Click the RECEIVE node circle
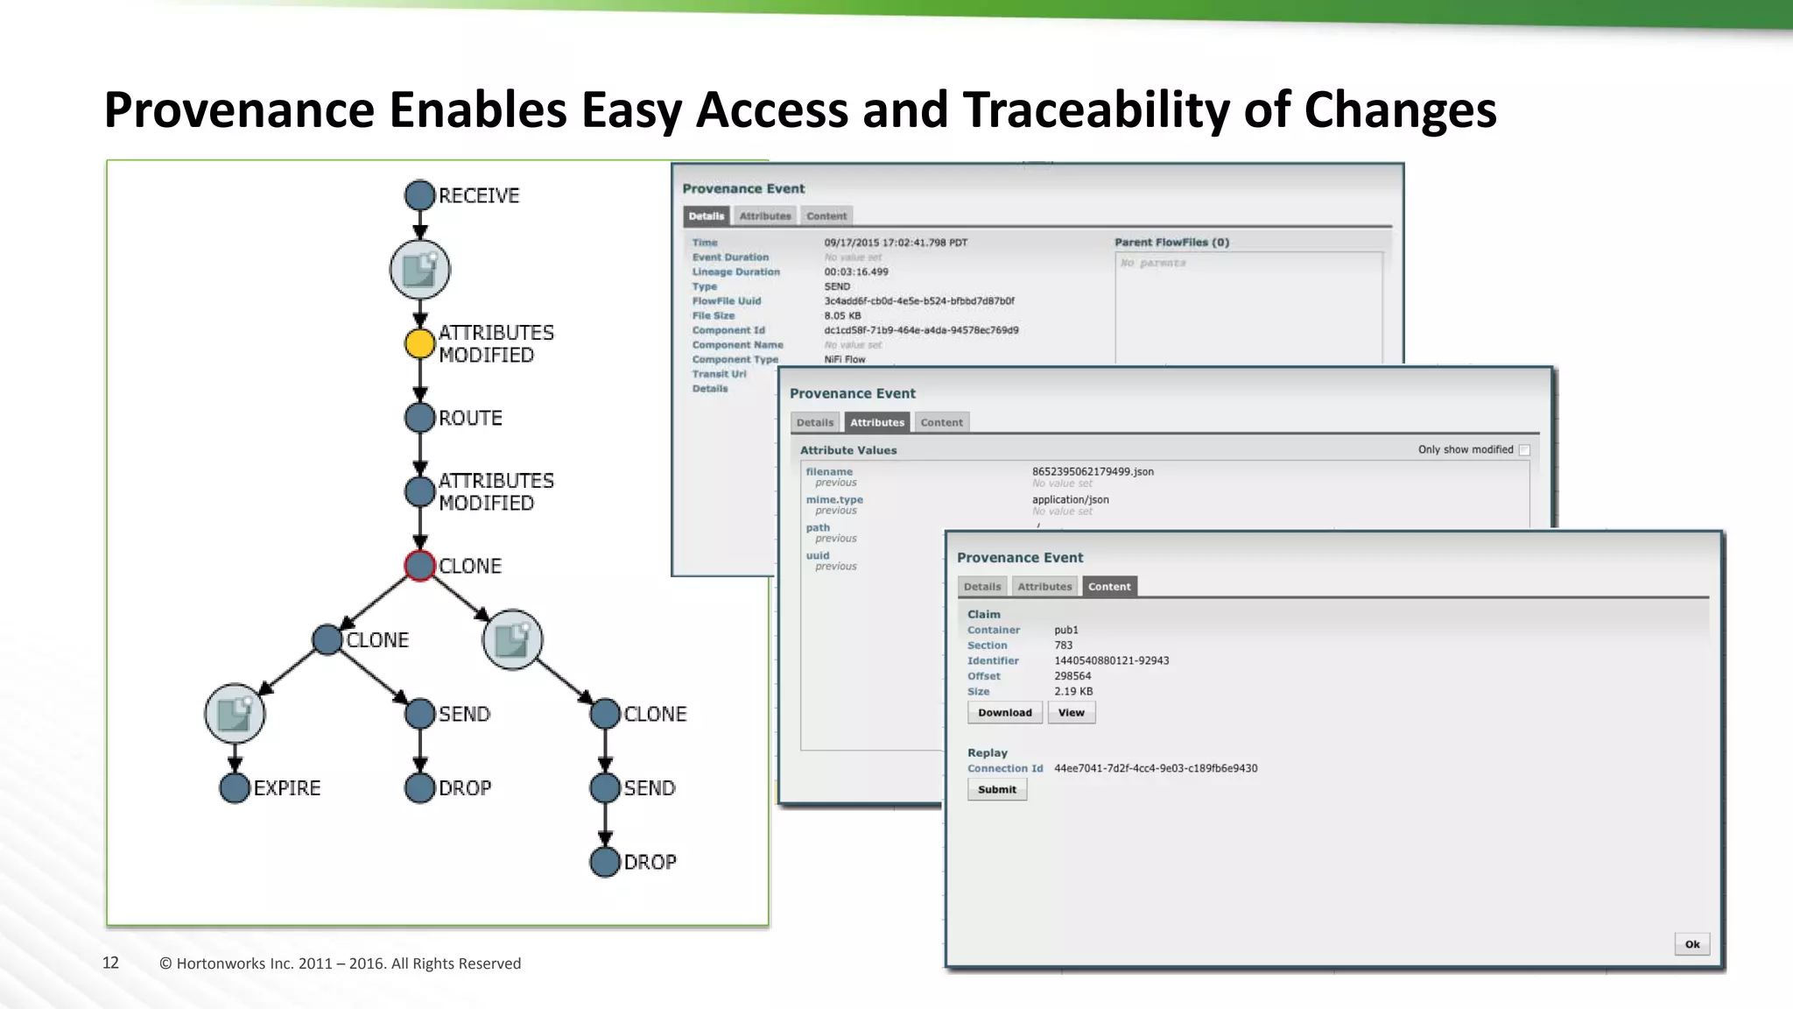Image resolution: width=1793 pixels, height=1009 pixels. point(420,195)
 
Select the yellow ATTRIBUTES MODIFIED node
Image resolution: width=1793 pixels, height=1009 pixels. point(420,344)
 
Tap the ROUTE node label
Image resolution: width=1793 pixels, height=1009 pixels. point(470,418)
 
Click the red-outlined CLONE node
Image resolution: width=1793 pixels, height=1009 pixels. point(420,566)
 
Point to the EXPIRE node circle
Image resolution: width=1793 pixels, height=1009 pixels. point(235,787)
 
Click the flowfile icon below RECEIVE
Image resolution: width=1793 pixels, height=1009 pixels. point(420,270)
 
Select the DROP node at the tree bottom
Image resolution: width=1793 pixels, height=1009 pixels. point(605,862)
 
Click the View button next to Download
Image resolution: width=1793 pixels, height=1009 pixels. point(1071,713)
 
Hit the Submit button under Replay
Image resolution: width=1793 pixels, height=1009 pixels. point(997,789)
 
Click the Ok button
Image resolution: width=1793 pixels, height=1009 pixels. point(1691,944)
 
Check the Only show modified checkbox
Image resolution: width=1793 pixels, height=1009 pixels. point(1524,449)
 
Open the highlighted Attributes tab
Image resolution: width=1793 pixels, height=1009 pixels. point(876,422)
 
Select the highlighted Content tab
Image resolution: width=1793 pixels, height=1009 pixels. point(1109,587)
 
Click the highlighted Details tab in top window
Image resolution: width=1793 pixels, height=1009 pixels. point(706,216)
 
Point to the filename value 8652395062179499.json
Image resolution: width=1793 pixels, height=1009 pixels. point(1093,471)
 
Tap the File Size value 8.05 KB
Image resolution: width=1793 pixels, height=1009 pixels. point(842,315)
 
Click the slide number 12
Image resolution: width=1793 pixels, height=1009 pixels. point(110,963)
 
